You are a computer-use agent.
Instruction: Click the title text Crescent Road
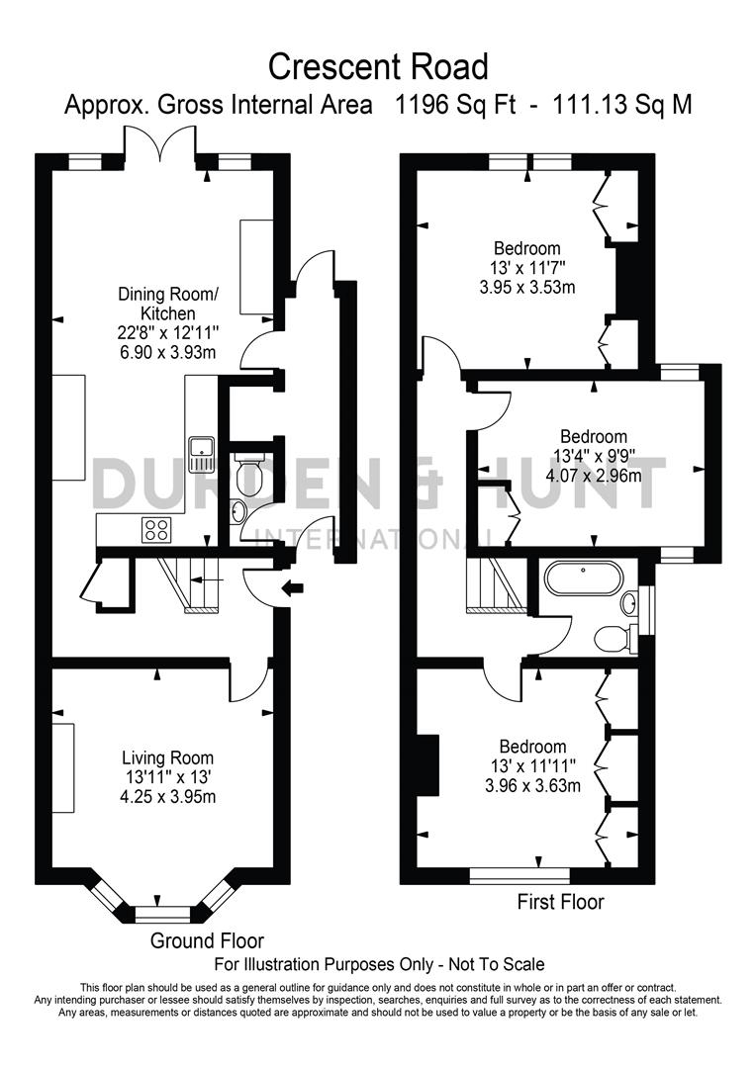tap(379, 66)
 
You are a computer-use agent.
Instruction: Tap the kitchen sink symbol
tap(204, 453)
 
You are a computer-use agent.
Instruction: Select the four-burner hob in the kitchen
tap(156, 529)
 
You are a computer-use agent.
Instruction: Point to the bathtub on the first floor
tap(582, 579)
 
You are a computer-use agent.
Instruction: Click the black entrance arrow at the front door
tap(294, 590)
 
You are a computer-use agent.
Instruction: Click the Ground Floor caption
tap(207, 940)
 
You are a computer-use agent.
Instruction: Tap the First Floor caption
tap(560, 902)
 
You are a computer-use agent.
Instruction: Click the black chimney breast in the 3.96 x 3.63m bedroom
tap(428, 764)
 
